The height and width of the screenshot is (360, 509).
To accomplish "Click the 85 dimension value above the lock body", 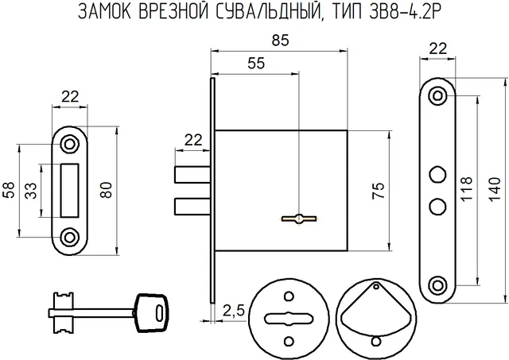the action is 281,41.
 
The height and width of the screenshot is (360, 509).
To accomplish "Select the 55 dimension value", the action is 256,64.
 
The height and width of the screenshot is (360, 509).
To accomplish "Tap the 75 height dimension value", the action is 379,191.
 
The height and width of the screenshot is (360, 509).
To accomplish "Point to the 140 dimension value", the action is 495,189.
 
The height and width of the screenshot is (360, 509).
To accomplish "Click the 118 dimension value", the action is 466,189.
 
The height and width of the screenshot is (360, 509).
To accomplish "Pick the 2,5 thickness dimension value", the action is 234,311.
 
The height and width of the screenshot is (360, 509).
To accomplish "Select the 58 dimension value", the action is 10,190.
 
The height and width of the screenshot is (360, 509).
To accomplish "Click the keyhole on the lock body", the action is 299,219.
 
